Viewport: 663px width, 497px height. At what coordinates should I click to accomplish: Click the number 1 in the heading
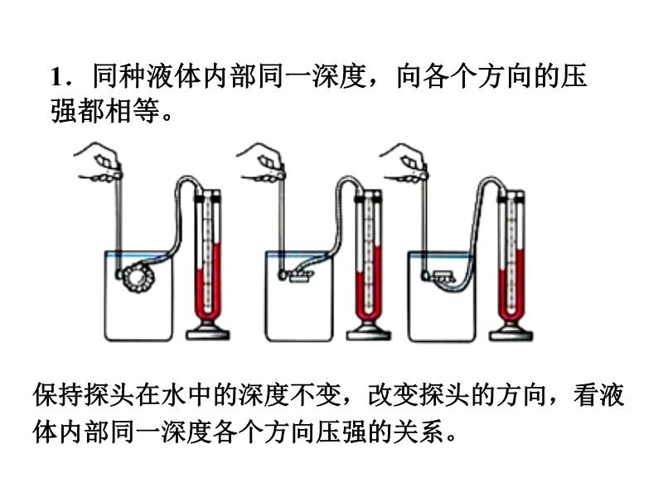point(56,78)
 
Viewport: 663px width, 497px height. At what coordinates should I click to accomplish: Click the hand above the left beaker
point(101,162)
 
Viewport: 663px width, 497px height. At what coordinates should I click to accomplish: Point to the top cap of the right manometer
point(512,195)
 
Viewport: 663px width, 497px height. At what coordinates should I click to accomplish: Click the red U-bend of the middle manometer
point(365,315)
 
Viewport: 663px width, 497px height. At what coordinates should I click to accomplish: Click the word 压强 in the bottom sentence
point(361,431)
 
